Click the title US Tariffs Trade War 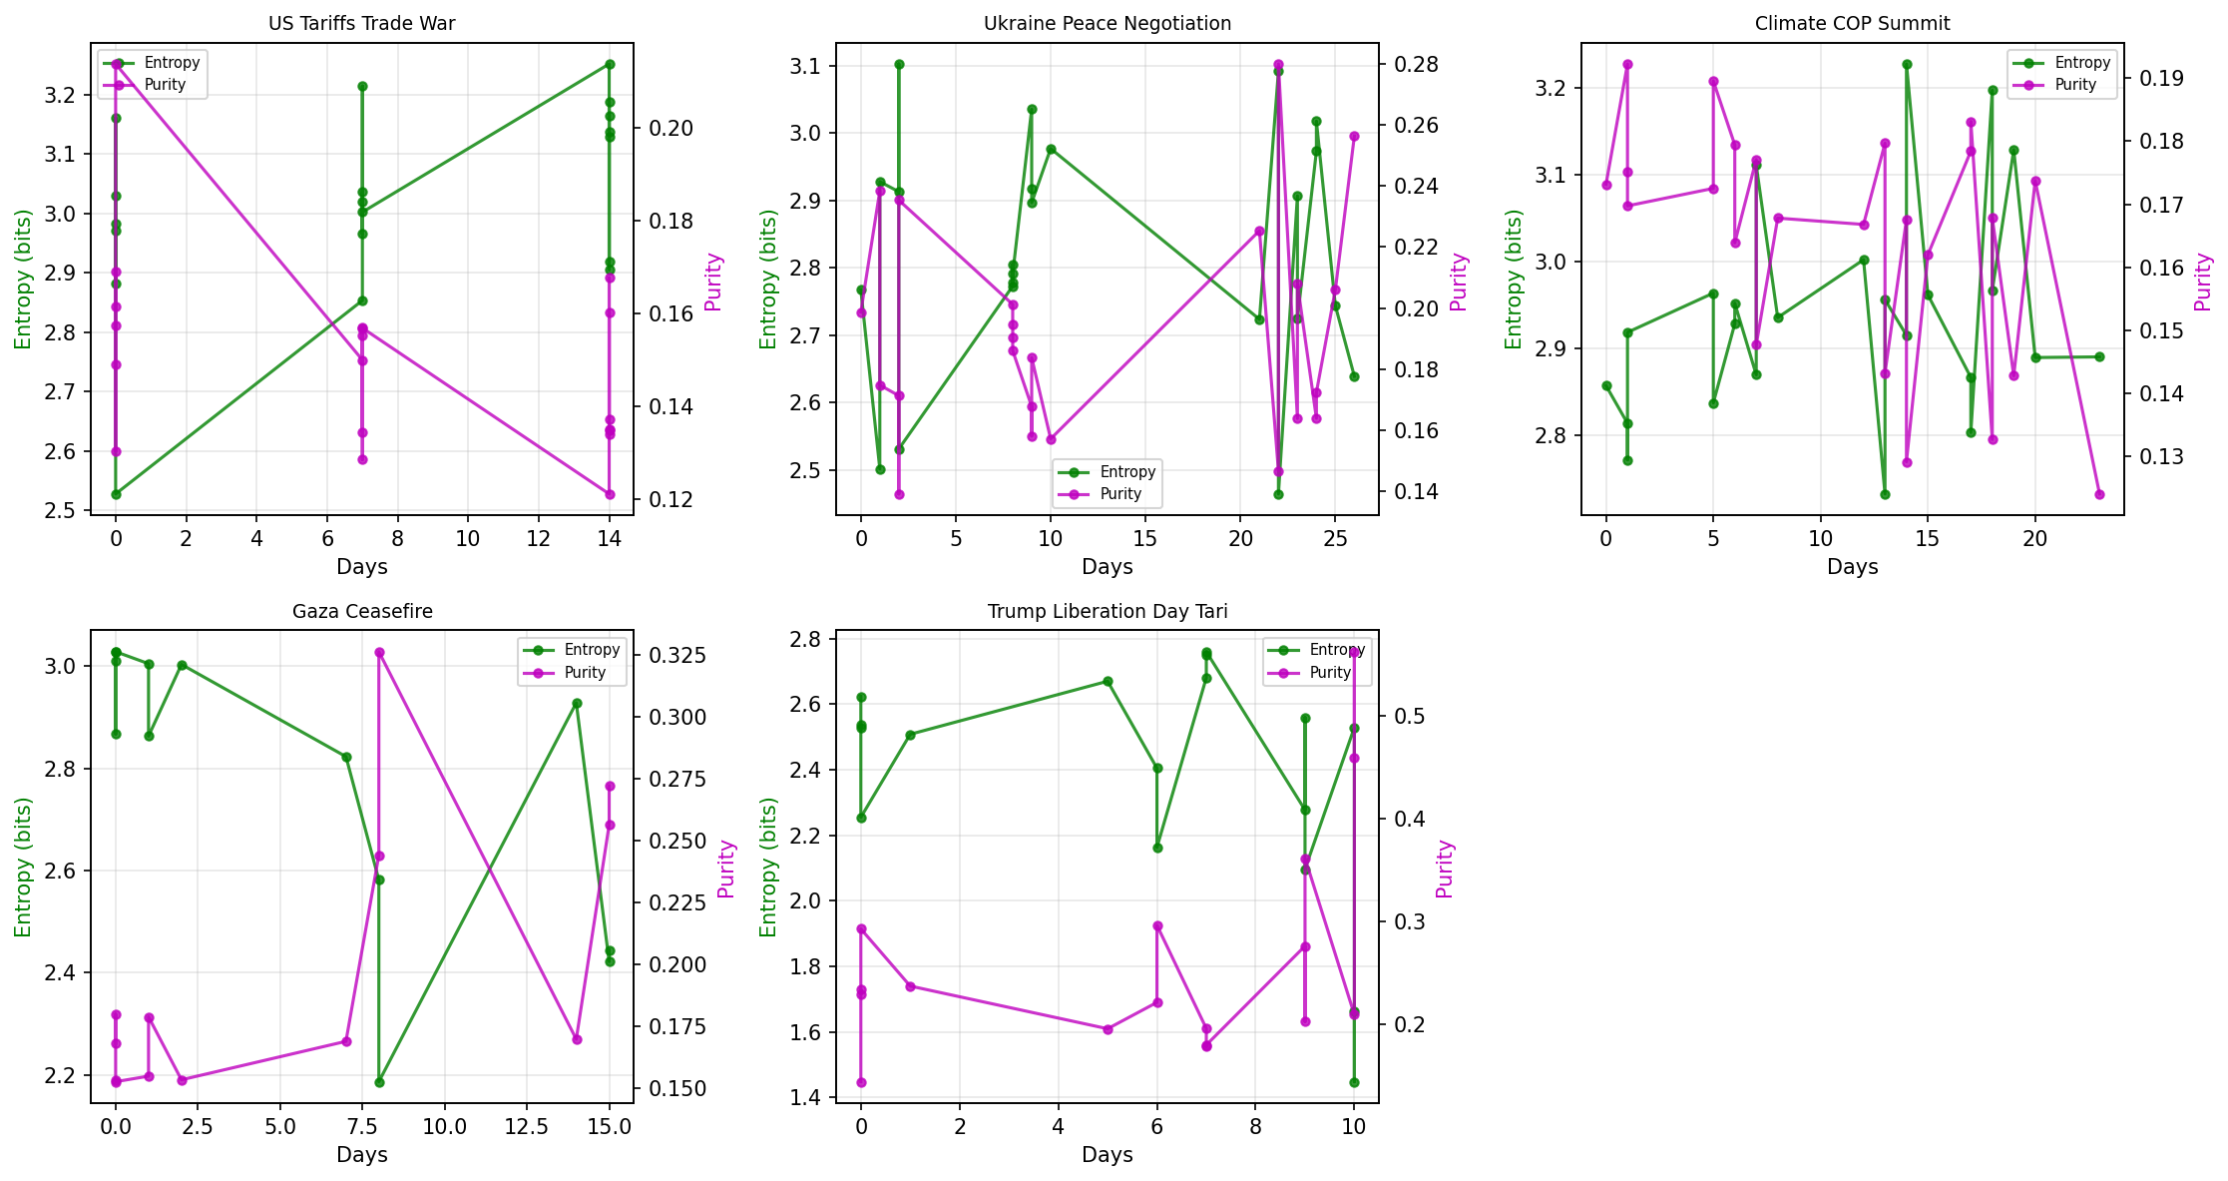(361, 24)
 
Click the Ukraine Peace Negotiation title (1107, 24)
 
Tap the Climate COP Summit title (1852, 24)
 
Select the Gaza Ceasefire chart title (361, 612)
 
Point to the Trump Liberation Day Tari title (1107, 612)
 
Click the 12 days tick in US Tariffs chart (538, 540)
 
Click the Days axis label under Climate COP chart (1852, 567)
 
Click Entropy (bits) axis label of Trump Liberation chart (767, 867)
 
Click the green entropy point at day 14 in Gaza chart (577, 703)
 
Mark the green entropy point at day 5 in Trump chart (1107, 682)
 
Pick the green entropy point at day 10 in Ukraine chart (1051, 149)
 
